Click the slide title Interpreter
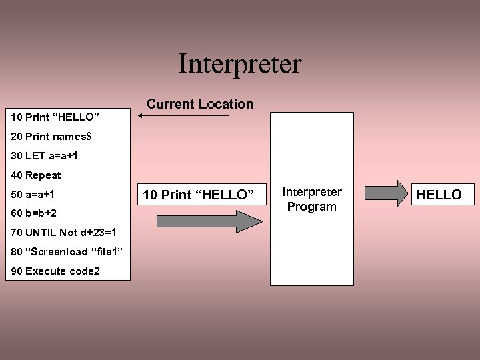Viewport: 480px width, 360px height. tap(240, 64)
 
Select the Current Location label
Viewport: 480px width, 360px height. tap(200, 104)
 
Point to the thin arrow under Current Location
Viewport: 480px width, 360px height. tap(183, 116)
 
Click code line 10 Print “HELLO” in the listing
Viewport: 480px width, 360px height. tap(55, 117)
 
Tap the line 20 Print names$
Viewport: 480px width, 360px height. tap(52, 137)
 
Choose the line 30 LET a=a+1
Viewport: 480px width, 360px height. tap(45, 156)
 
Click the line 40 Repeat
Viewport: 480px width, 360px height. tap(36, 175)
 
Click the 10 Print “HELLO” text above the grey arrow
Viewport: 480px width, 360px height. tap(199, 195)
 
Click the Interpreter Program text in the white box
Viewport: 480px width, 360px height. tap(311, 199)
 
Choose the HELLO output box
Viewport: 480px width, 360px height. tap(439, 195)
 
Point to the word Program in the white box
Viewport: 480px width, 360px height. tap(311, 207)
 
